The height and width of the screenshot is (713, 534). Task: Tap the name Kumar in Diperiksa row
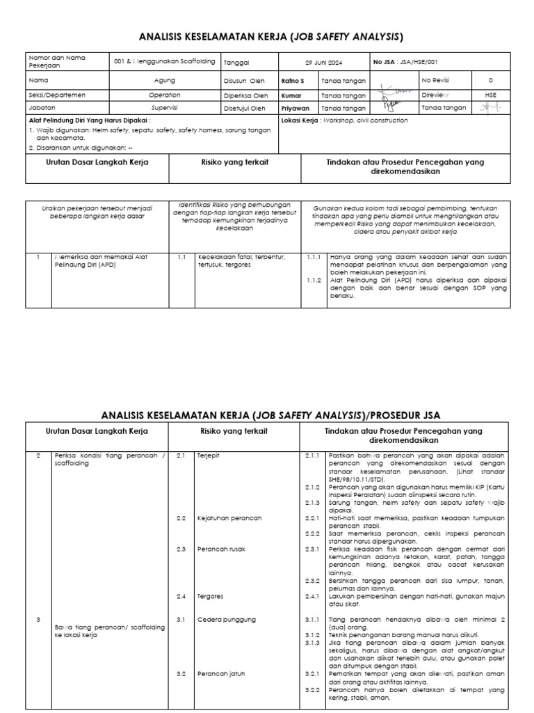point(292,95)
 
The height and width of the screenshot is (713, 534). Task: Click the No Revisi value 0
point(491,81)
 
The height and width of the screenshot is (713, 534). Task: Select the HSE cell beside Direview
point(491,95)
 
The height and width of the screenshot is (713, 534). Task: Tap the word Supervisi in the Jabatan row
point(164,109)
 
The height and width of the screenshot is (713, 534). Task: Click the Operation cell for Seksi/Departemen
point(164,95)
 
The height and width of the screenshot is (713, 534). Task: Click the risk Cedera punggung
point(227,620)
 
